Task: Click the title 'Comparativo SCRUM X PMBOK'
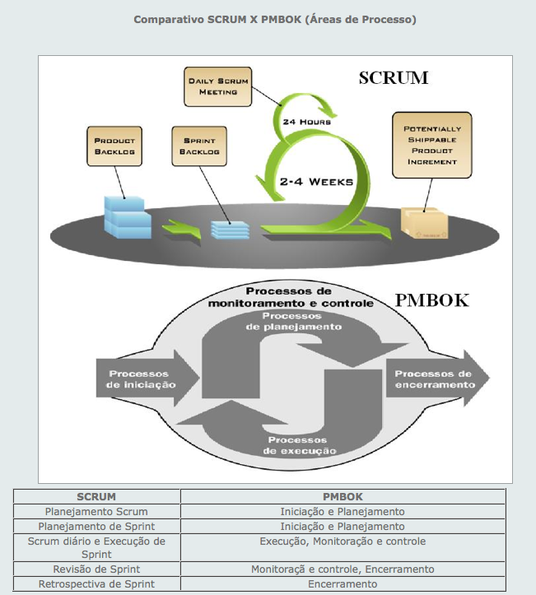click(275, 19)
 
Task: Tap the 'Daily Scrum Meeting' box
click(217, 86)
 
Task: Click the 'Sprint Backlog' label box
click(199, 146)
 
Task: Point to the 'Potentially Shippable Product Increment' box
click(432, 145)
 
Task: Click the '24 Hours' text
click(306, 122)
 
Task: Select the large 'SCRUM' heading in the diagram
click(394, 79)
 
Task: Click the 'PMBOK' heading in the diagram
click(431, 300)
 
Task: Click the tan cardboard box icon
click(424, 222)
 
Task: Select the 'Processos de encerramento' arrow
click(436, 379)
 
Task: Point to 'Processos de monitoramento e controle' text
click(302, 297)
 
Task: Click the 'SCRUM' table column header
click(96, 496)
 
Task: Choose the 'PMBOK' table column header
click(342, 496)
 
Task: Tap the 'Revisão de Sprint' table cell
click(96, 569)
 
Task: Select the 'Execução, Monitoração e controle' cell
click(342, 541)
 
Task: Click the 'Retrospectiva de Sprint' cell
click(96, 583)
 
